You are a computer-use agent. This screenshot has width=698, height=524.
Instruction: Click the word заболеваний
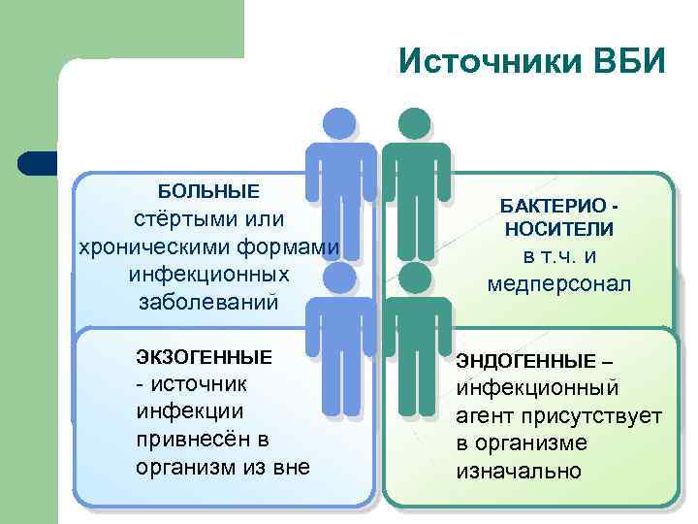(x=208, y=302)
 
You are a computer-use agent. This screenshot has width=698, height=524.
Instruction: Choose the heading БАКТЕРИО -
(x=558, y=206)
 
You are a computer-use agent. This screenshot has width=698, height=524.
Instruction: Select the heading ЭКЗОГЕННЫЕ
(x=204, y=357)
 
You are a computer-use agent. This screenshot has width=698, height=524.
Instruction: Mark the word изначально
(x=519, y=472)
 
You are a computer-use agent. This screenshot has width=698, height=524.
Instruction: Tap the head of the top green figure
(x=415, y=125)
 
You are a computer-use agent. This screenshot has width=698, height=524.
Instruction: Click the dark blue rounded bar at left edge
(x=39, y=163)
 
